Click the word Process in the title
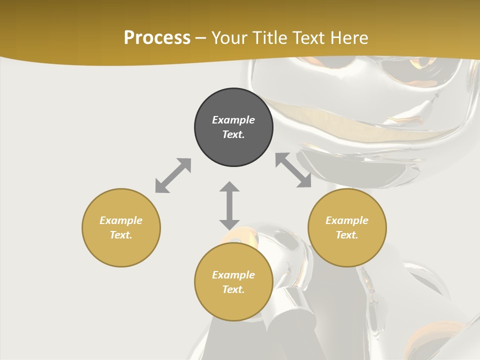tap(157, 38)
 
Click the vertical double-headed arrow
tap(229, 205)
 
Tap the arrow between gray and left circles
tap(173, 175)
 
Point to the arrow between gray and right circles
tap(293, 170)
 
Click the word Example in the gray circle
tap(233, 120)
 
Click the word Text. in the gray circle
tap(233, 134)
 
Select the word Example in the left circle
tap(121, 220)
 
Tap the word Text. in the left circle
tap(121, 235)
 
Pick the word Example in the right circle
tap(347, 220)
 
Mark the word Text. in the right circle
tap(347, 235)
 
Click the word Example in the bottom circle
tap(233, 275)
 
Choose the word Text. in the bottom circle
tap(233, 289)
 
